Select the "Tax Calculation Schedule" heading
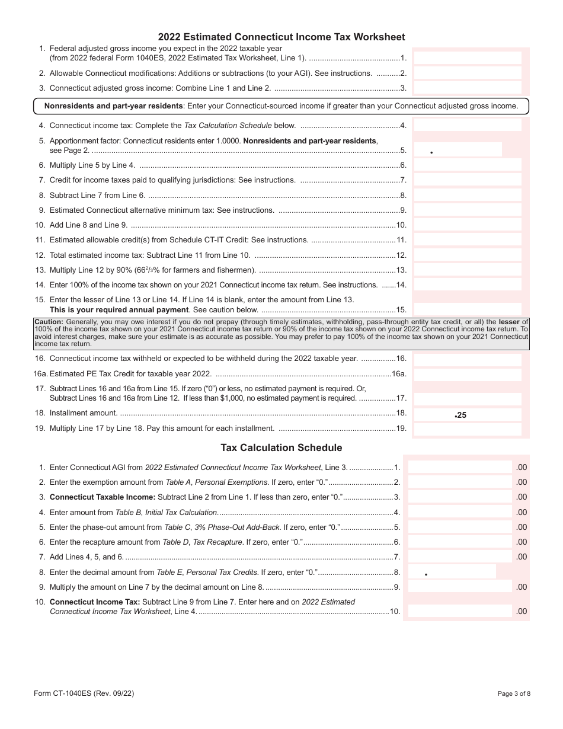coord(281,447)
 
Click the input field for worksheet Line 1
coord(467,58)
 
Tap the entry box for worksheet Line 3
coord(467,88)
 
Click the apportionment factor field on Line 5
coord(458,150)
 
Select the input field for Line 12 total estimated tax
coord(467,255)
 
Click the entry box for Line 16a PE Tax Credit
coord(467,375)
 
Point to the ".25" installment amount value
coord(460,415)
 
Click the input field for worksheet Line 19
coord(467,429)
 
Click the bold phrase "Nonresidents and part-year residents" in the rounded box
coord(114,106)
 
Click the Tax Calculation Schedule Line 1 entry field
coord(459,468)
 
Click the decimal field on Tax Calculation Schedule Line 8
coord(452,572)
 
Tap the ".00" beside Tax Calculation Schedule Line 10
coord(521,611)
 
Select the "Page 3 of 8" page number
coord(514,694)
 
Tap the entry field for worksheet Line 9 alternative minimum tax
coord(467,210)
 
